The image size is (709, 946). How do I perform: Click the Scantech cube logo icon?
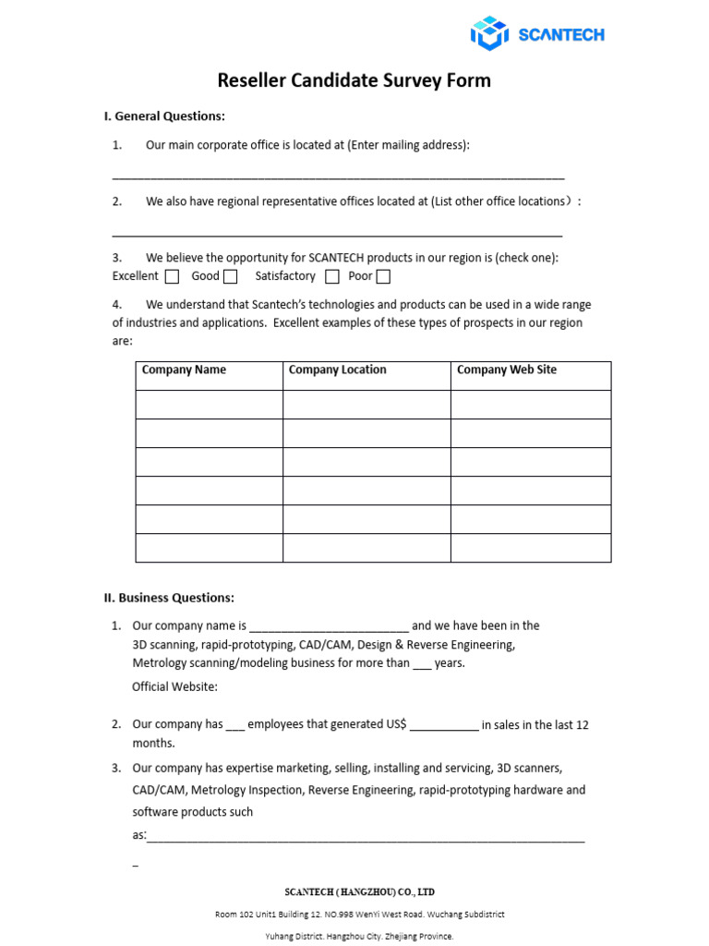pyautogui.click(x=489, y=33)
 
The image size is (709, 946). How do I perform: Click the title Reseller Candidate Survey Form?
pyautogui.click(x=354, y=80)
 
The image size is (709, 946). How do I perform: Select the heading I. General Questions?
pyautogui.click(x=164, y=116)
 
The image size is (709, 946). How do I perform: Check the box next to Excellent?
pyautogui.click(x=172, y=276)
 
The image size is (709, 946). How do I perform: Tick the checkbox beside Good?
pyautogui.click(x=231, y=276)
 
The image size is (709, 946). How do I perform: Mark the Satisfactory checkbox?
pyautogui.click(x=332, y=276)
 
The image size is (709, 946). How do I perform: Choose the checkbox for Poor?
pyautogui.click(x=383, y=276)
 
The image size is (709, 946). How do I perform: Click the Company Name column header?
pyautogui.click(x=184, y=370)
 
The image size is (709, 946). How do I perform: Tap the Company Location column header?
pyautogui.click(x=337, y=370)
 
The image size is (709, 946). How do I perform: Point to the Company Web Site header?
pyautogui.click(x=507, y=370)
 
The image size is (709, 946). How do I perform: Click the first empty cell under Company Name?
pyautogui.click(x=209, y=405)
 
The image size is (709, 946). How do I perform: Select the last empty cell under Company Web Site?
pyautogui.click(x=530, y=548)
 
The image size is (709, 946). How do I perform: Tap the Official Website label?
pyautogui.click(x=175, y=686)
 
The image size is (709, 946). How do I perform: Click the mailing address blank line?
pyautogui.click(x=338, y=175)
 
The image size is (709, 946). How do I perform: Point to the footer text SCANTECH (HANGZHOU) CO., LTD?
pyautogui.click(x=359, y=891)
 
